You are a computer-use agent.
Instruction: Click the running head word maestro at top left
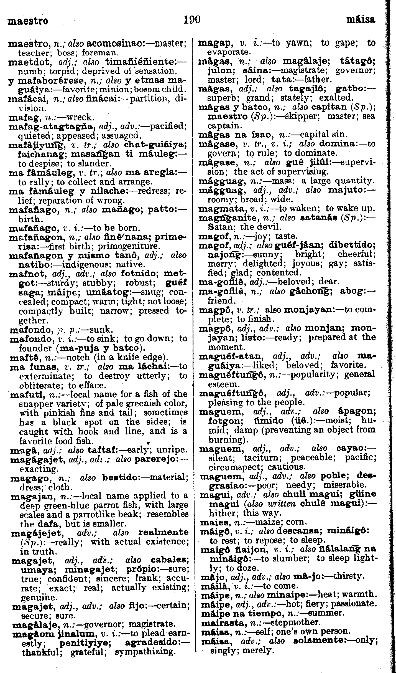pyautogui.click(x=28, y=21)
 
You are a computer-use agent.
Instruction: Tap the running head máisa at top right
pyautogui.click(x=361, y=20)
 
